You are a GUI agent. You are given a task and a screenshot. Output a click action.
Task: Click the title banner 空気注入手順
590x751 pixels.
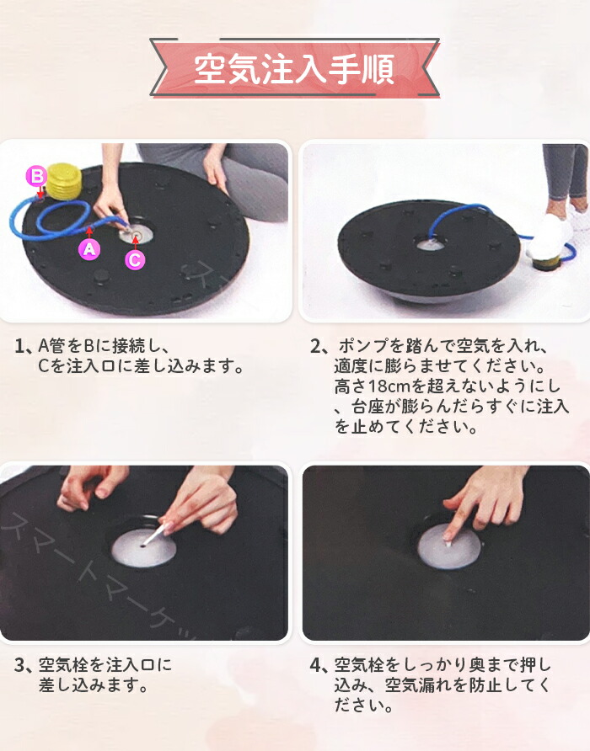click(294, 68)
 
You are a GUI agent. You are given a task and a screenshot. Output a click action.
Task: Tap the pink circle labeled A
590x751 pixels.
click(89, 249)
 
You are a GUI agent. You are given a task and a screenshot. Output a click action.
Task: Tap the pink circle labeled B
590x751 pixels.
click(36, 176)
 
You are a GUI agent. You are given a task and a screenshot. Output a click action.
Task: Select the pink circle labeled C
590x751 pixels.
click(135, 260)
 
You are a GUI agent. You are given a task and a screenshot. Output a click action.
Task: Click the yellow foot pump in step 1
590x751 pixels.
click(65, 181)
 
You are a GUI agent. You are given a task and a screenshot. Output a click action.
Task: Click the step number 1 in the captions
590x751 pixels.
click(19, 346)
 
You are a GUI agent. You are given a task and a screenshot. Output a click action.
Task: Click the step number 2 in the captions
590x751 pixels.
click(316, 346)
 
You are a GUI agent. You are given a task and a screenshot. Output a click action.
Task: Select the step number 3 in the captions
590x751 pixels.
click(19, 665)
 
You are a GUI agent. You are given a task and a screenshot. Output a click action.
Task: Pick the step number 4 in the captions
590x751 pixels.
click(316, 665)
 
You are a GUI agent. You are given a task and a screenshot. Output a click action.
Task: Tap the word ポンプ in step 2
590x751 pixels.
click(363, 346)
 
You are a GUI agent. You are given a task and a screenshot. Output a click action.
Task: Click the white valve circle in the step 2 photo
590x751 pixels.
click(430, 245)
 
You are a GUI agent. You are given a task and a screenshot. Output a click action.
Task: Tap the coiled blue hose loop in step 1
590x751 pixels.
click(64, 218)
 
